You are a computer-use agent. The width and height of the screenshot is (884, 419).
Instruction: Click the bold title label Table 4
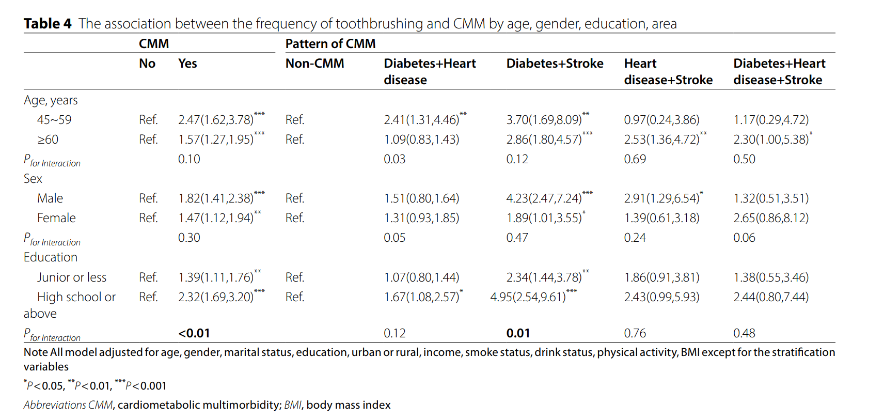click(48, 24)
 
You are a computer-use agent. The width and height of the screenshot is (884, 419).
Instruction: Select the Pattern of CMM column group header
click(330, 43)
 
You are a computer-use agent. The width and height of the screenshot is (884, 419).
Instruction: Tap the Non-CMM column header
click(314, 63)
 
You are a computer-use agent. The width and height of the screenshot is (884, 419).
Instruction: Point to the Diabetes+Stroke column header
click(555, 63)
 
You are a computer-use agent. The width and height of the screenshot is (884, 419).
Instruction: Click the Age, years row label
click(51, 100)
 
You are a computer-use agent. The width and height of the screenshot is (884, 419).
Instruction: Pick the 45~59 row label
click(54, 120)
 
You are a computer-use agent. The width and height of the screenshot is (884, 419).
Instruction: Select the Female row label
click(56, 218)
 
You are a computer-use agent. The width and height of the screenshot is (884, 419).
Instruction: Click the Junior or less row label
click(72, 277)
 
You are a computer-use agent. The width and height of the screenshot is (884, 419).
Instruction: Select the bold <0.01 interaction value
click(194, 333)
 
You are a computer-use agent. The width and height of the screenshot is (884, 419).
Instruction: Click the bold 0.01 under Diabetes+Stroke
click(518, 333)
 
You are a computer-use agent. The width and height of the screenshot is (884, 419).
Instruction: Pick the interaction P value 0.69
click(635, 159)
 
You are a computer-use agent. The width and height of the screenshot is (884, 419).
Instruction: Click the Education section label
click(51, 257)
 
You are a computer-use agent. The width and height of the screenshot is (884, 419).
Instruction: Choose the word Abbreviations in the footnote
click(55, 405)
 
